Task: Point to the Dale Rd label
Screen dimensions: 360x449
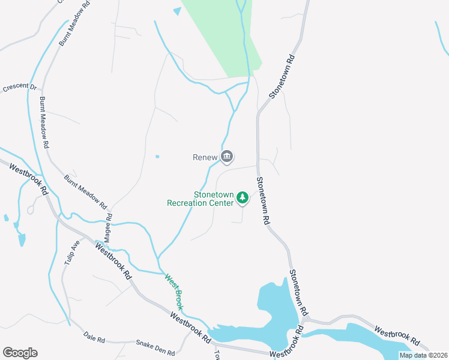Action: pyautogui.click(x=94, y=338)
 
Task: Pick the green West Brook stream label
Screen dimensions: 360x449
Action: pyautogui.click(x=175, y=292)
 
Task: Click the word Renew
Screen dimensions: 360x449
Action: pyautogui.click(x=204, y=158)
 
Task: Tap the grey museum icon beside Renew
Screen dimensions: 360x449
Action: pyautogui.click(x=227, y=157)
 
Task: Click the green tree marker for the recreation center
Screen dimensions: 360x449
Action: pyautogui.click(x=243, y=197)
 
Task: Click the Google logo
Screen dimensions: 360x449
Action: pyautogui.click(x=20, y=353)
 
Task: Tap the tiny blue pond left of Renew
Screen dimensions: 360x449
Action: pyautogui.click(x=157, y=157)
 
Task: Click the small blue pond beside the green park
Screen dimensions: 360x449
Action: pyautogui.click(x=176, y=11)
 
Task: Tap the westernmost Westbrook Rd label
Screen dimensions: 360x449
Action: pyautogui.click(x=29, y=178)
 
